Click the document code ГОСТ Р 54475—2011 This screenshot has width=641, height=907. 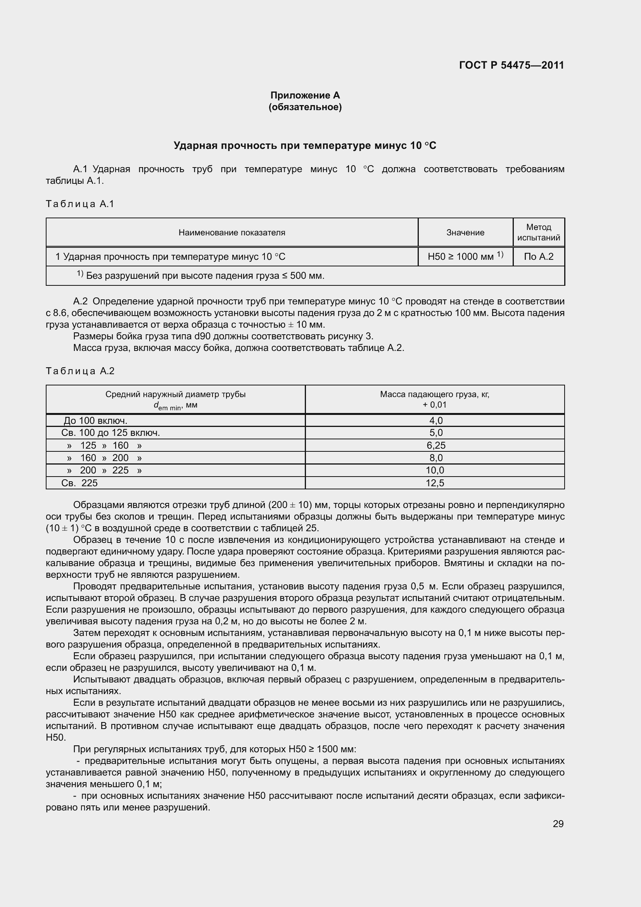click(x=511, y=65)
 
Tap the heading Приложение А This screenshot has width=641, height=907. click(x=305, y=95)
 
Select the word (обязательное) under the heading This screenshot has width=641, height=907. click(x=305, y=107)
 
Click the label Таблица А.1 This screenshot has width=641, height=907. click(x=80, y=204)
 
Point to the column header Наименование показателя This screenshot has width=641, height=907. click(x=232, y=232)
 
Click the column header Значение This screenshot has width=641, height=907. click(x=465, y=232)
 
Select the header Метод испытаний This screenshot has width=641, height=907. click(x=539, y=232)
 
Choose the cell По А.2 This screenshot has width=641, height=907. click(x=539, y=256)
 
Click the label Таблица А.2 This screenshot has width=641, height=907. click(x=80, y=371)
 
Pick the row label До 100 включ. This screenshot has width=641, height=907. click(x=95, y=420)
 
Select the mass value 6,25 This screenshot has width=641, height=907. click(x=435, y=445)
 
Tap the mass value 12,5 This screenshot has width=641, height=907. click(x=435, y=483)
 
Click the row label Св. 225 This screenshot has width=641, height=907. click(x=79, y=483)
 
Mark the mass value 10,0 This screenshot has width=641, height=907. click(x=435, y=470)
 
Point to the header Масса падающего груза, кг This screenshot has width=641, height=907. click(x=434, y=394)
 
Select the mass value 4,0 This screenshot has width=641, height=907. click(x=435, y=420)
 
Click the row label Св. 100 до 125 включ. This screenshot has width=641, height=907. click(x=111, y=433)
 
